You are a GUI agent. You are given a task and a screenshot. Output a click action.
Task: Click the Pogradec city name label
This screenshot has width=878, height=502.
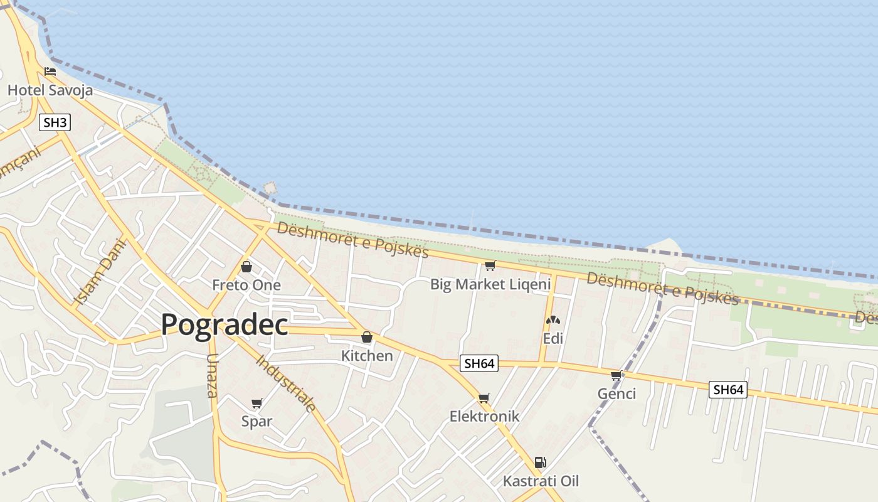point(225,325)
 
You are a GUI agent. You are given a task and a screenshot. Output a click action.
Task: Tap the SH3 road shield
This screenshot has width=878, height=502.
point(55,122)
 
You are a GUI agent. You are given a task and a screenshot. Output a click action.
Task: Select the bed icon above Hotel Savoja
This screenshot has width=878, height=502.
point(50,72)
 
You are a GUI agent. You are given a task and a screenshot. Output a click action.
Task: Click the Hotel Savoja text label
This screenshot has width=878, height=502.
point(50,90)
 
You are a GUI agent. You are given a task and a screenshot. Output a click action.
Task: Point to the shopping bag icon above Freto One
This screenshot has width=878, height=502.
point(246,267)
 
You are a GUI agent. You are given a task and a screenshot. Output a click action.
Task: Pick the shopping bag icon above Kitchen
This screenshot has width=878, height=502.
point(367,338)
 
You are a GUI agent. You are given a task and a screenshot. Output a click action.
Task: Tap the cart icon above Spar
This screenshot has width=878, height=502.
point(257,403)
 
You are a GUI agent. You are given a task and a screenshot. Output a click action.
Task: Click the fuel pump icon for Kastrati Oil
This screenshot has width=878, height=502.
point(540,463)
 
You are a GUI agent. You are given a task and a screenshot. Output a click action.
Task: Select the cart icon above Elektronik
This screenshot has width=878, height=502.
point(484,398)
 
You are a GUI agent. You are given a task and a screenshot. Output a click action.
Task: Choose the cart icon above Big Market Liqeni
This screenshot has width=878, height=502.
point(490,266)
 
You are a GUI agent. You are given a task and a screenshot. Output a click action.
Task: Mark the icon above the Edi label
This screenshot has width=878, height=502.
point(553,321)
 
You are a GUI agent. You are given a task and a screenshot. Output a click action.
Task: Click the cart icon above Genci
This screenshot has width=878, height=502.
point(616,375)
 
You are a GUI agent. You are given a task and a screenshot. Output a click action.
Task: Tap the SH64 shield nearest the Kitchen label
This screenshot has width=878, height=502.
point(479,363)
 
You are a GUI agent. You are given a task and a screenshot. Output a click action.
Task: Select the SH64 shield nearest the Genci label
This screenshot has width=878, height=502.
point(728,390)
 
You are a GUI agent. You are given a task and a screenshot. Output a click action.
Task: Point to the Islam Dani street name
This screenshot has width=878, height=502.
point(100,272)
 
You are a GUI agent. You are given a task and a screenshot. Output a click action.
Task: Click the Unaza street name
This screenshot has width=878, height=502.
point(212,375)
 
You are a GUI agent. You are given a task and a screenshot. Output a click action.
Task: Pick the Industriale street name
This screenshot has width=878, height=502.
point(286,383)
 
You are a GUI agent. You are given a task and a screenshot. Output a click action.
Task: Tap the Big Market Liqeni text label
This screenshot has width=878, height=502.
point(490,284)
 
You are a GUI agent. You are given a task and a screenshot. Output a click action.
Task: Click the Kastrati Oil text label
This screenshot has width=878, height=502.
point(541,481)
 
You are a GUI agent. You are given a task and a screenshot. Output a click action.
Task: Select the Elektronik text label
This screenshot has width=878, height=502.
point(484,416)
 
